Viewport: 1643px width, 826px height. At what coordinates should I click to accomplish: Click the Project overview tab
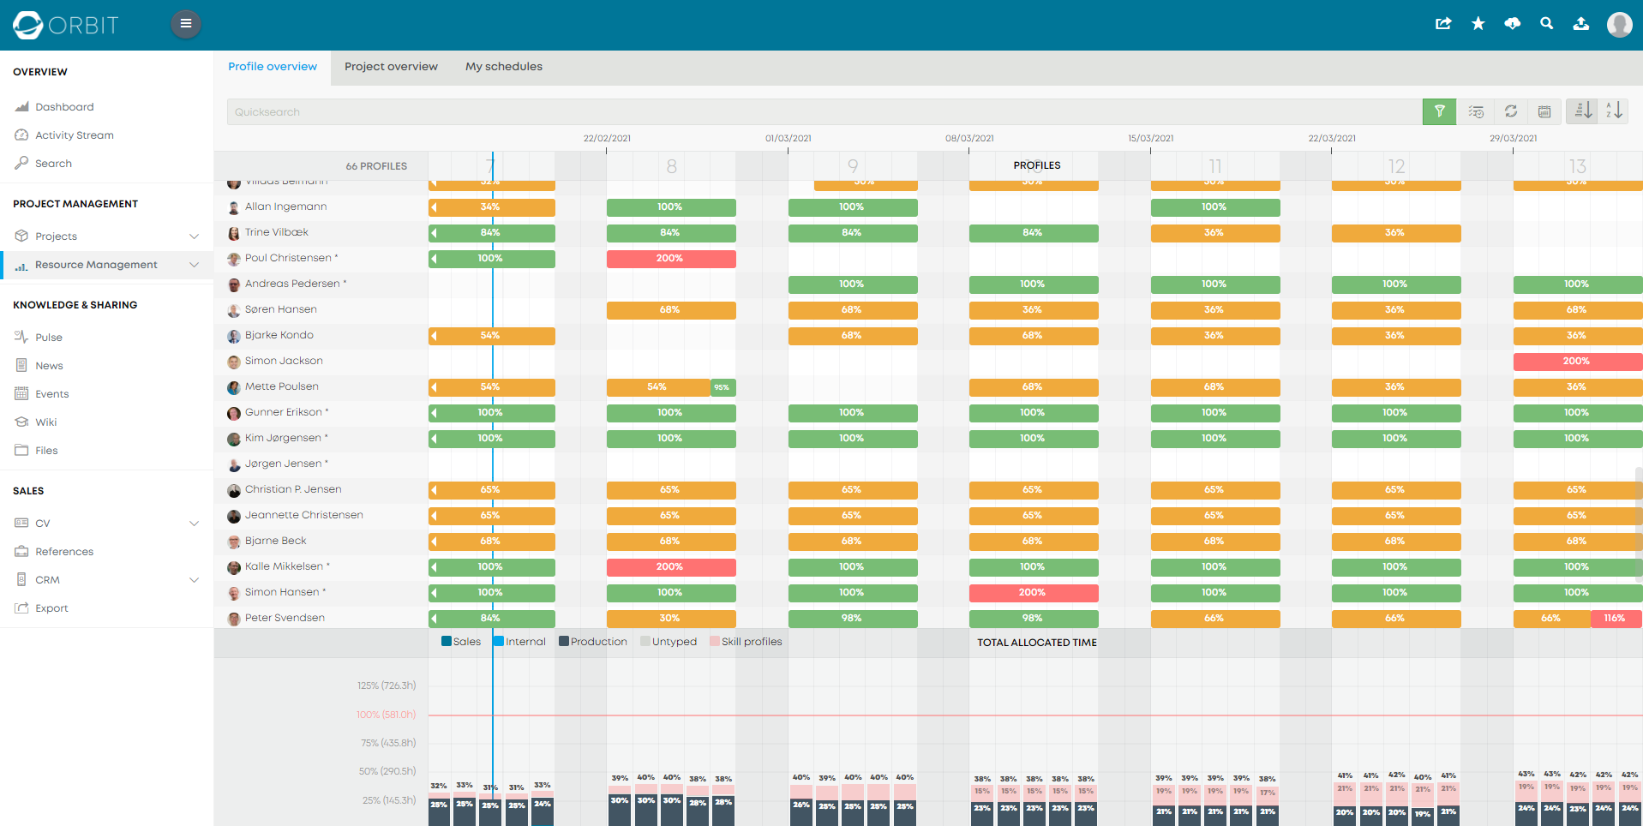(x=391, y=67)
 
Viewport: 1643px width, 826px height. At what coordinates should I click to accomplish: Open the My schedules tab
(x=503, y=67)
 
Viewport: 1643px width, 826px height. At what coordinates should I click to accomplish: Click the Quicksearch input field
(x=823, y=112)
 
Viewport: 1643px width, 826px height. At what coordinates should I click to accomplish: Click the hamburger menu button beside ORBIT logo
(x=185, y=24)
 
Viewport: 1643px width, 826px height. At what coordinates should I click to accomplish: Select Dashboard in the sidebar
(x=64, y=107)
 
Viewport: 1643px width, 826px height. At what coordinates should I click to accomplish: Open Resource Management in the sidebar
(x=96, y=265)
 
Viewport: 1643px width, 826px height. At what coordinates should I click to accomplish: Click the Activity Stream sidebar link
(x=74, y=135)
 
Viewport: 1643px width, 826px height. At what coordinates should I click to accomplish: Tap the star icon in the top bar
(x=1478, y=24)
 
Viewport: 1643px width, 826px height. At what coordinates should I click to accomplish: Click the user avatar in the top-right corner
(x=1618, y=24)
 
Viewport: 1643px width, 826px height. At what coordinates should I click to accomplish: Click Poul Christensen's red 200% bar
(x=670, y=259)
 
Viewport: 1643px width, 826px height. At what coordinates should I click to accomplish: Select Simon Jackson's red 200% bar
(x=1576, y=362)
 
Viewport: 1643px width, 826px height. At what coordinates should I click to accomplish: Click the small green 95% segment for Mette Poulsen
(x=723, y=387)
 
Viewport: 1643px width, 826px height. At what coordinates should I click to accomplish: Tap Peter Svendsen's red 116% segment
(x=1615, y=619)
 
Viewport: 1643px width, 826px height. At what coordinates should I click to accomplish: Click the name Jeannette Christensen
(x=303, y=515)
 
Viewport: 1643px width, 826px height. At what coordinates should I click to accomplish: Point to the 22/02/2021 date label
(x=607, y=138)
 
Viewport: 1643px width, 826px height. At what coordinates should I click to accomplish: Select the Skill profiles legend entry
(x=750, y=642)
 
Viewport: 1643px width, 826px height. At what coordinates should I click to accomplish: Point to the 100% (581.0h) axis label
(x=386, y=715)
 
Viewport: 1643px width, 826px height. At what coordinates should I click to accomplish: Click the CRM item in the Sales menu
(x=47, y=580)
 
